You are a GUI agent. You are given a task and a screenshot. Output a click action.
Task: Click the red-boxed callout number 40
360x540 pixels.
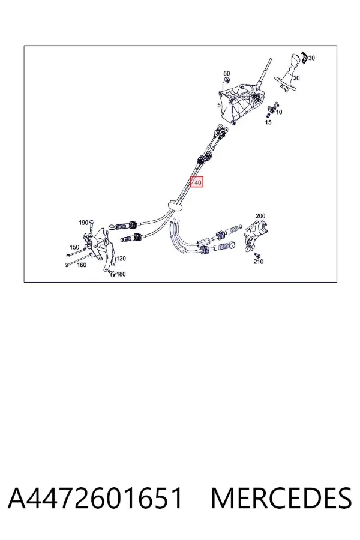click(x=198, y=182)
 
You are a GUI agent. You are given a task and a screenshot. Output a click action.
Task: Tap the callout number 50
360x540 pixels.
click(x=226, y=73)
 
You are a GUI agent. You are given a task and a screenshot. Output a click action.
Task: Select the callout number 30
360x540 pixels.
click(x=311, y=58)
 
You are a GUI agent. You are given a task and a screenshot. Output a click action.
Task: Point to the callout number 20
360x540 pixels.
click(x=296, y=78)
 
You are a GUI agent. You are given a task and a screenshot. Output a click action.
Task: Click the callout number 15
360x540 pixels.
click(x=268, y=122)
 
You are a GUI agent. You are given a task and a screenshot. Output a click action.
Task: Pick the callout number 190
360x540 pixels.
click(x=83, y=223)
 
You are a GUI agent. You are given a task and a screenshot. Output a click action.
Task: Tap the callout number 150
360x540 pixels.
click(x=74, y=247)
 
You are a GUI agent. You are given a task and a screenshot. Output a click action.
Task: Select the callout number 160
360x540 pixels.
click(x=82, y=265)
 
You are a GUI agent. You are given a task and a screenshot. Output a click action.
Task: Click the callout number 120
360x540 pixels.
click(x=121, y=258)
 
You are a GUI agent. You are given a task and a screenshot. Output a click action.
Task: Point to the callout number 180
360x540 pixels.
click(x=121, y=274)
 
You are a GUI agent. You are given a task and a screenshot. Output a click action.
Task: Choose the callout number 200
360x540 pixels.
click(x=260, y=216)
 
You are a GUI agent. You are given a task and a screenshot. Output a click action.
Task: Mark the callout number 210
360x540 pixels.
click(x=259, y=262)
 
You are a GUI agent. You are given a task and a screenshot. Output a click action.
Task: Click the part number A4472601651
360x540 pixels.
click(x=95, y=498)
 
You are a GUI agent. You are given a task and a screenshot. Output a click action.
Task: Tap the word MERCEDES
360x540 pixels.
click(x=281, y=498)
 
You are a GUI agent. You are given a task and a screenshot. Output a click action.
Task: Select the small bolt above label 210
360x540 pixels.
click(x=256, y=255)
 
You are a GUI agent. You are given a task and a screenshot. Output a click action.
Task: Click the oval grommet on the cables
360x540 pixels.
click(x=176, y=205)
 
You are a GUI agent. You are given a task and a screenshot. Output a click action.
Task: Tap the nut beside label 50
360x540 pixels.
click(x=227, y=80)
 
